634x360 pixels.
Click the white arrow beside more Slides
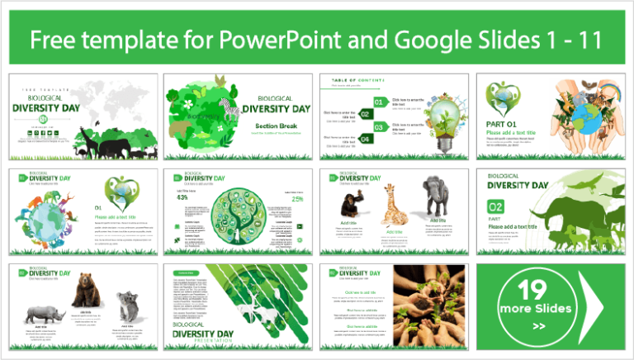pyautogui.click(x=599, y=306)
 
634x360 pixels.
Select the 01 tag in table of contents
pyautogui.click(x=381, y=102)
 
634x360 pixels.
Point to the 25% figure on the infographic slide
pyautogui.click(x=296, y=198)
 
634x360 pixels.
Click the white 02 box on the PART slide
pyautogui.click(x=495, y=206)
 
